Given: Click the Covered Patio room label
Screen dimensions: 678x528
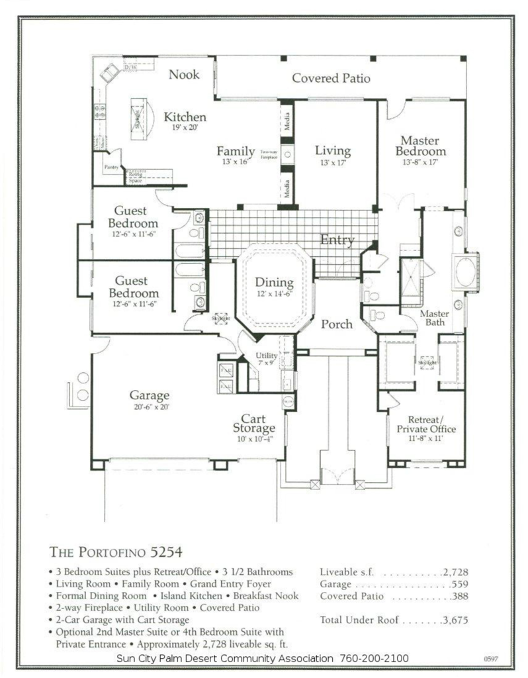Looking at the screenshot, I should coord(331,78).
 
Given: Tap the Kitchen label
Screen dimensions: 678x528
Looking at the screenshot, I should coord(185,117).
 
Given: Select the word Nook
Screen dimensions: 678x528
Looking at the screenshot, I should coord(184,74).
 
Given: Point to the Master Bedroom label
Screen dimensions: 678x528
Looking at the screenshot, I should coord(421,146).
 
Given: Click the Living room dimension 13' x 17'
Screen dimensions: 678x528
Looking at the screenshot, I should coord(332,163).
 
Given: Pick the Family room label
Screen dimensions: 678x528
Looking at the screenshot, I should coord(236,152).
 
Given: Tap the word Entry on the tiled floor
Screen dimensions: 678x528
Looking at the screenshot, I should coord(337,240).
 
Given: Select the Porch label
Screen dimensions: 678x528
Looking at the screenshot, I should coord(337,324).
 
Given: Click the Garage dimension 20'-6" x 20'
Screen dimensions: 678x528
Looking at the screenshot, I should coord(150,408).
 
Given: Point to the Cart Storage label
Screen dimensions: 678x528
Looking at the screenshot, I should coord(253,424).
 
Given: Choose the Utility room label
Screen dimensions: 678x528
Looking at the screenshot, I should coord(267,356).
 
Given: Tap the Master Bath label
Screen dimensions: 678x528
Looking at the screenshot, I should coord(435,318).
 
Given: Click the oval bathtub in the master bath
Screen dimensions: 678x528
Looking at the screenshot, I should coord(465,270).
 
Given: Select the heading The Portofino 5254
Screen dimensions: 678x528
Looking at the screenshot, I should coord(115,552).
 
